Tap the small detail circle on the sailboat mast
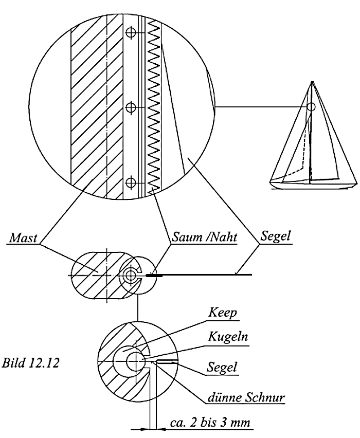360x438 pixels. click(311, 107)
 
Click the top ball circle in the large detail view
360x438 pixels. click(131, 32)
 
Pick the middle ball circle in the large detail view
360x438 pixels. click(131, 107)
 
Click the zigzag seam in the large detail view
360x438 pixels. click(153, 107)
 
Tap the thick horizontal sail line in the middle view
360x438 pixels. click(201, 276)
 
